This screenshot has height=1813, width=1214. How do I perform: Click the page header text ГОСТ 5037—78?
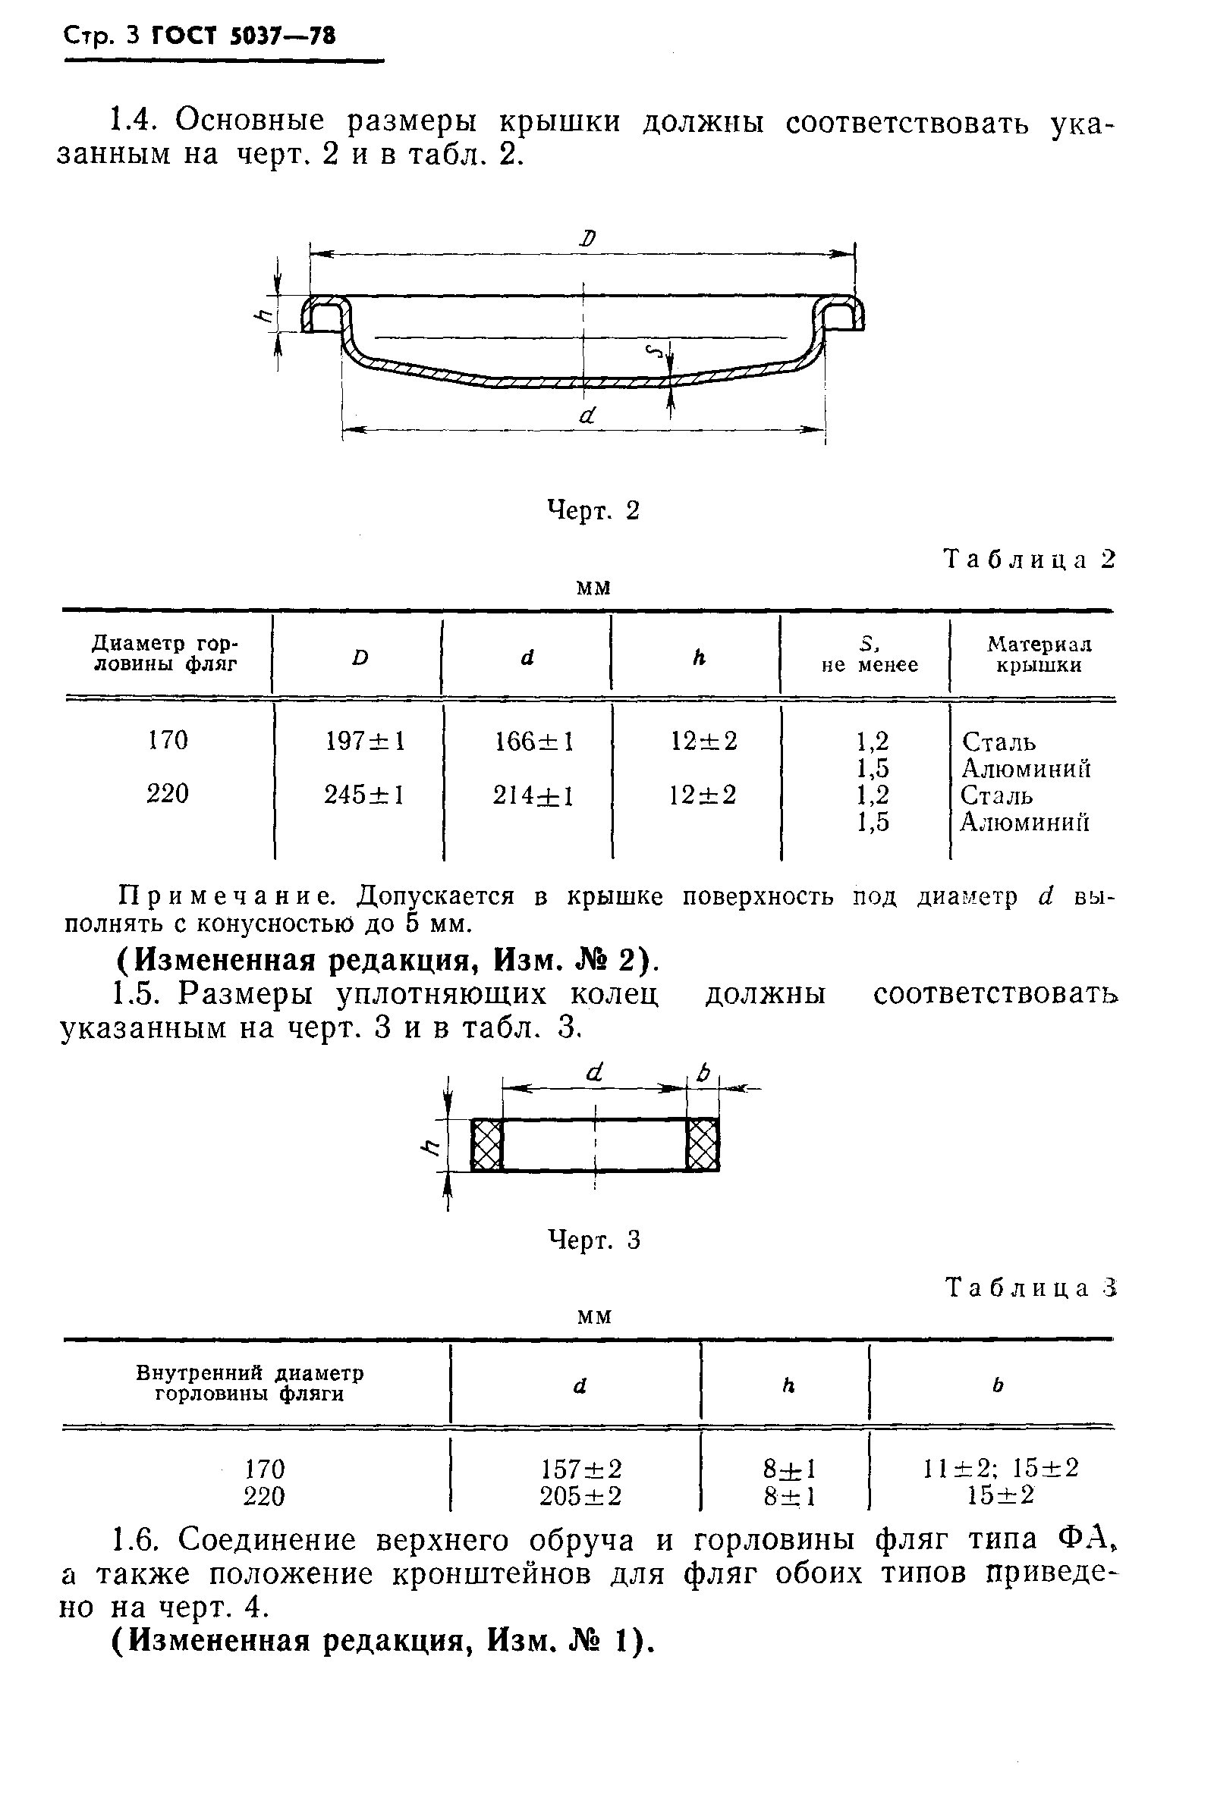click(244, 36)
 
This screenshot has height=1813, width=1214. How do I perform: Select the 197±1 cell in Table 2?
click(365, 742)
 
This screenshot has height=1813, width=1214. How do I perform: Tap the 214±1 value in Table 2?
click(533, 795)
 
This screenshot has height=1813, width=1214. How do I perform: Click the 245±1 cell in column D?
click(364, 795)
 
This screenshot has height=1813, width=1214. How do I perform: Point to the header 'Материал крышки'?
click(1038, 654)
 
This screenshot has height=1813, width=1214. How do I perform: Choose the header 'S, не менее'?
click(870, 654)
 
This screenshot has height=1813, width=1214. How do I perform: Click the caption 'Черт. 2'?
click(593, 511)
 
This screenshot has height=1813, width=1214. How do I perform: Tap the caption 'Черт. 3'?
click(594, 1241)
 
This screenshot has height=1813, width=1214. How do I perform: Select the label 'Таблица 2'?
click(1030, 560)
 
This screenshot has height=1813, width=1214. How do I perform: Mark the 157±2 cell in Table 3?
click(580, 1468)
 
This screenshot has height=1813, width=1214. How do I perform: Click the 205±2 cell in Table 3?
click(580, 1496)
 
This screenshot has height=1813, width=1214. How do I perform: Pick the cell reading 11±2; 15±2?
click(1000, 1468)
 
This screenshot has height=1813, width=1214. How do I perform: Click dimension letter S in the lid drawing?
click(656, 353)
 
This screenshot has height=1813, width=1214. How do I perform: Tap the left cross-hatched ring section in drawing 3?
click(487, 1144)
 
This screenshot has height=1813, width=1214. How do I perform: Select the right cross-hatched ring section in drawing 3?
click(703, 1144)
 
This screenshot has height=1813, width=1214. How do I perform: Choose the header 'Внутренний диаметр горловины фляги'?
click(250, 1384)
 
